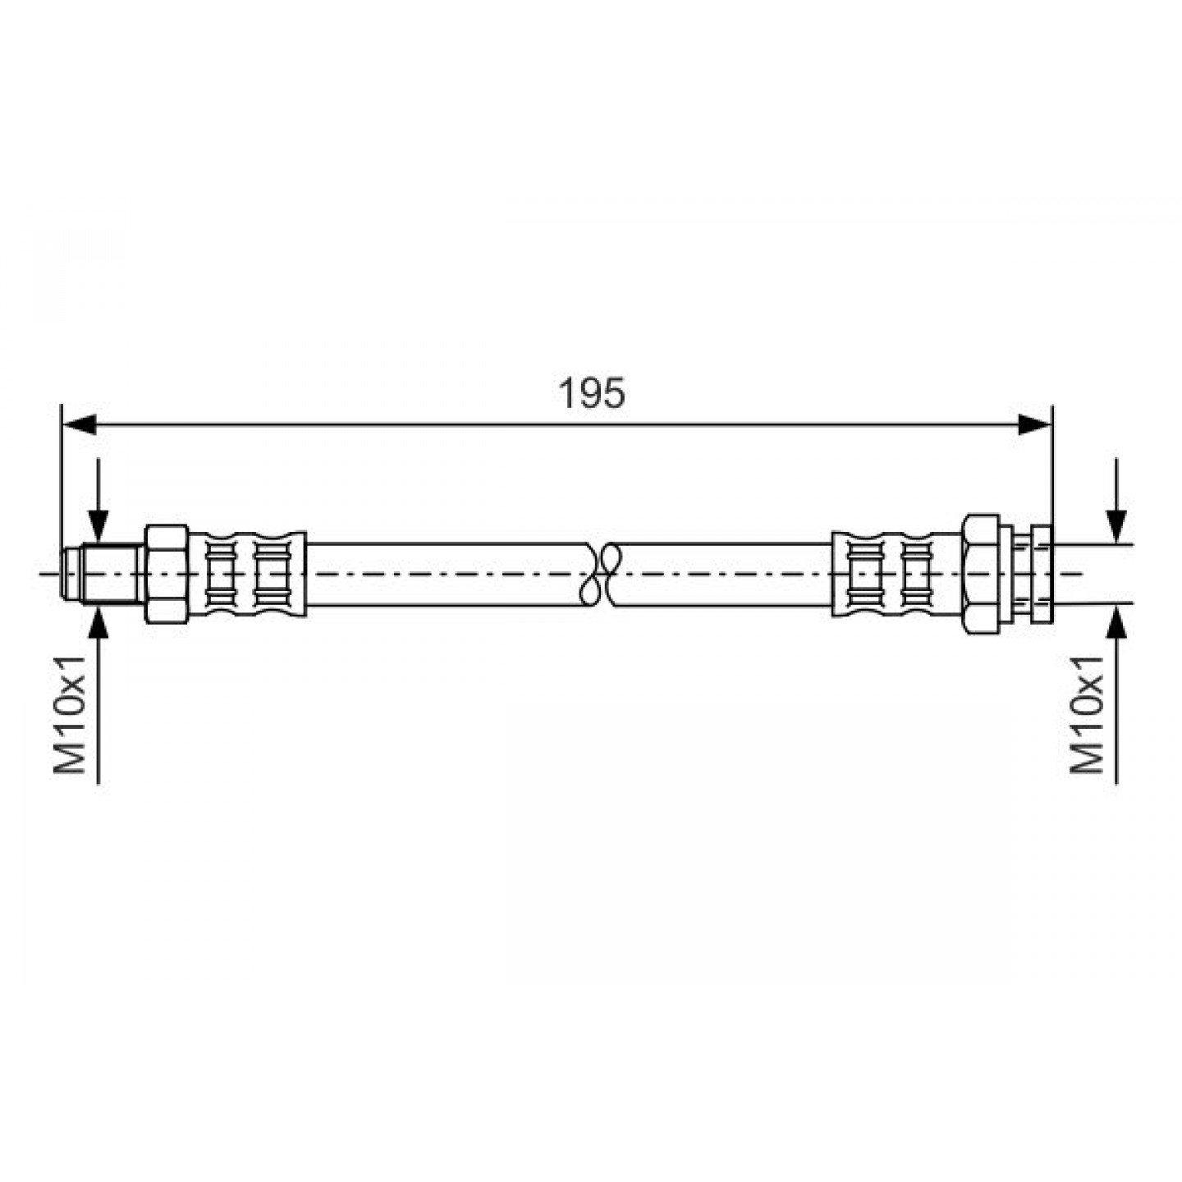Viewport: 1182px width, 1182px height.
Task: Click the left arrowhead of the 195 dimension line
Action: [x=80, y=424]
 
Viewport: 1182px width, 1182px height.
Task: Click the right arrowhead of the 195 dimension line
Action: [x=1034, y=424]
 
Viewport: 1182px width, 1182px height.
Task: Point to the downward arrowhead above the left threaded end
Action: [x=98, y=527]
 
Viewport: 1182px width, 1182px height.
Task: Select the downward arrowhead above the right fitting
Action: [x=1116, y=527]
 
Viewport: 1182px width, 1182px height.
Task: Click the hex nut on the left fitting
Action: [x=167, y=574]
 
